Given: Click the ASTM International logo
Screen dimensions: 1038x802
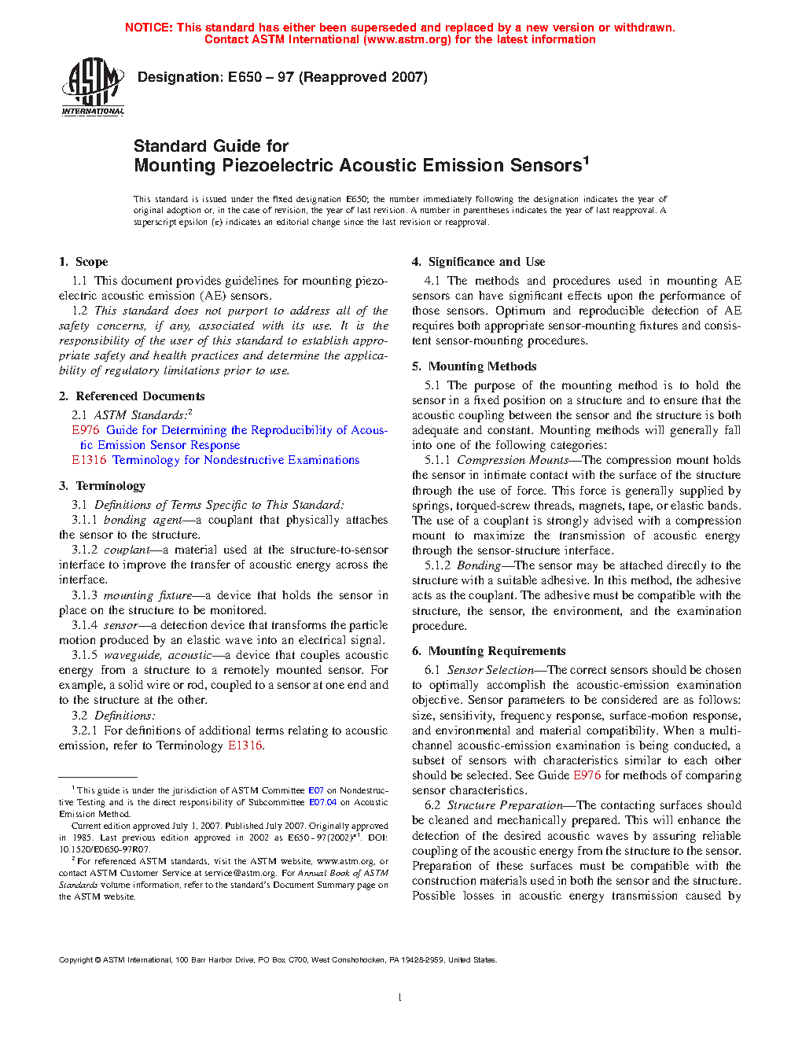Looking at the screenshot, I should (x=93, y=87).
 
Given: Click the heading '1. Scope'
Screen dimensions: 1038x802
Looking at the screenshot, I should (x=83, y=262).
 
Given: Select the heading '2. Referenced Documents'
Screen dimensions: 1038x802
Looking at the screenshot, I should (x=131, y=396).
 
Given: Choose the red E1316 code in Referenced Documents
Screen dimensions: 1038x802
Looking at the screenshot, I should (x=89, y=460).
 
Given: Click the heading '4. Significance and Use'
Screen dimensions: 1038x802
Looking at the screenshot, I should (x=478, y=262).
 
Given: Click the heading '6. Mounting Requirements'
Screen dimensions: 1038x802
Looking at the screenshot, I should (x=488, y=651).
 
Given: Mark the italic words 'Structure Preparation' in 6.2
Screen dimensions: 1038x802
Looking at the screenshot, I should (x=505, y=805).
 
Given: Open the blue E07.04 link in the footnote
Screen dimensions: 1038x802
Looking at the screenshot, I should (x=322, y=802).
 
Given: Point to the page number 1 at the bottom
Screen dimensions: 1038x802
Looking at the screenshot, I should (x=400, y=998).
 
